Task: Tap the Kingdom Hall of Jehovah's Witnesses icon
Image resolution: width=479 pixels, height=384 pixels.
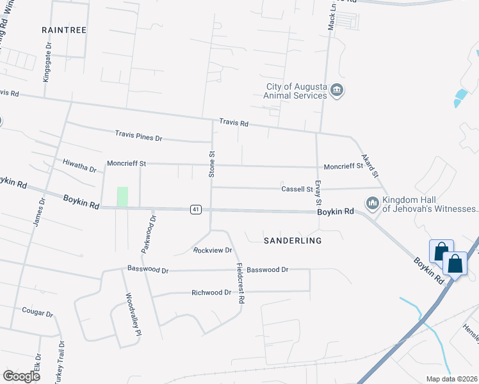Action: click(x=373, y=204)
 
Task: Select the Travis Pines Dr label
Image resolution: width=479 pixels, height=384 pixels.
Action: click(x=139, y=136)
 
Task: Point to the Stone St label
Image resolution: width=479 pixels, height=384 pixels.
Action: click(x=211, y=163)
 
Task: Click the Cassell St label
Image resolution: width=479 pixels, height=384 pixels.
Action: click(x=297, y=189)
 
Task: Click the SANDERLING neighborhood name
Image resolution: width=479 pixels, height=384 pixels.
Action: click(x=293, y=240)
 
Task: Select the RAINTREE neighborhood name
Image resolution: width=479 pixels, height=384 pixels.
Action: click(x=63, y=30)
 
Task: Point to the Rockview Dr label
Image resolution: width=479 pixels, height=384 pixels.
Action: click(x=212, y=250)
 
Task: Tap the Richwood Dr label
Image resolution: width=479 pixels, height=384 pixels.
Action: click(x=211, y=292)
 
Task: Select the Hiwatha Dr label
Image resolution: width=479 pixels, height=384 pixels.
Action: click(x=79, y=166)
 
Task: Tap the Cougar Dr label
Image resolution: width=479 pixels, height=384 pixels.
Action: click(x=38, y=313)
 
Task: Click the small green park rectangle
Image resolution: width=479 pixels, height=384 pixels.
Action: click(x=122, y=196)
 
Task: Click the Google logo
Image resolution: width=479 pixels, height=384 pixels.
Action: click(x=22, y=376)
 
